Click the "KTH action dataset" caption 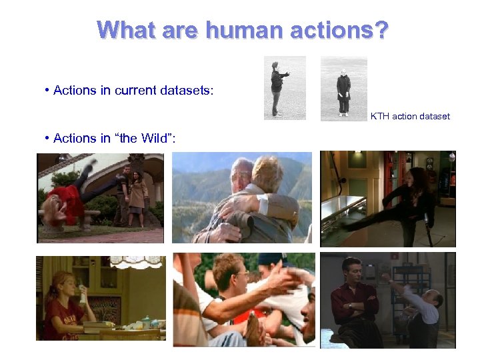coord(410,116)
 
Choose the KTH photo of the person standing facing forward coord(343,89)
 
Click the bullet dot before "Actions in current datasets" coord(47,90)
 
